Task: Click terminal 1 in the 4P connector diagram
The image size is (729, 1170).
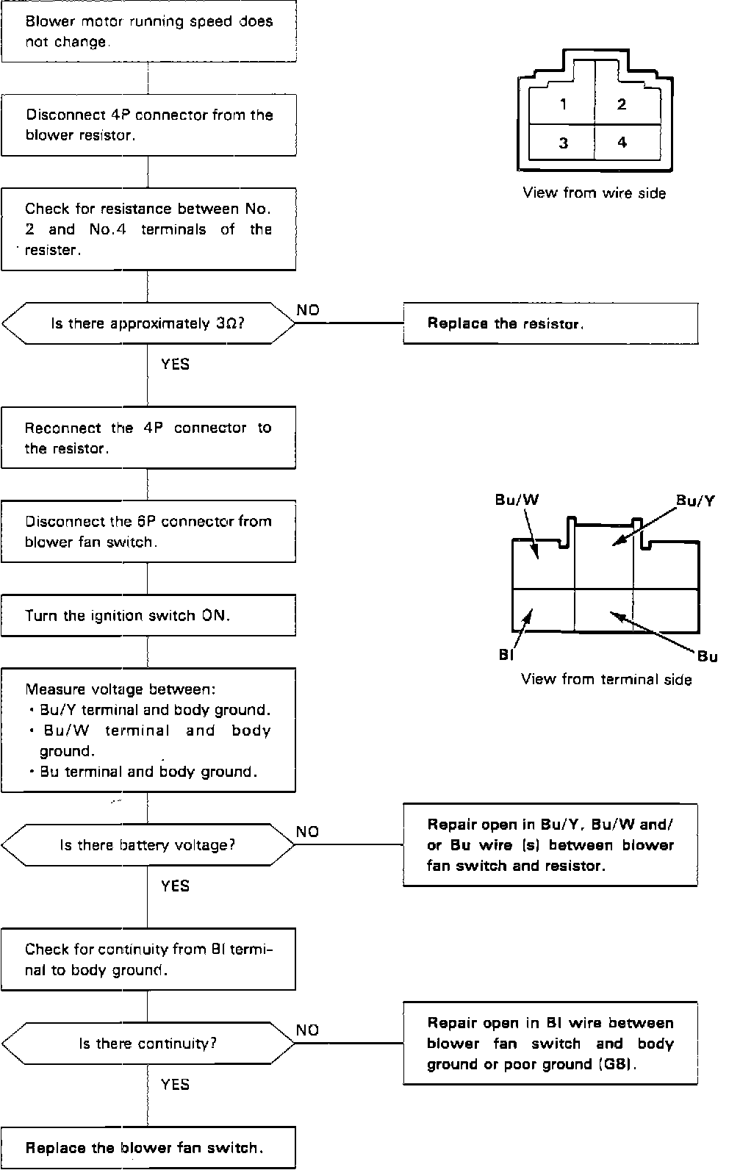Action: (x=563, y=104)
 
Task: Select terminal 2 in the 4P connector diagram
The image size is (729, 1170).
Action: (x=622, y=104)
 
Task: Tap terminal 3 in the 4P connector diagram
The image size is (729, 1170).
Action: (x=563, y=143)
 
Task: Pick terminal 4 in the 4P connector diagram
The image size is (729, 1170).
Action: (x=622, y=143)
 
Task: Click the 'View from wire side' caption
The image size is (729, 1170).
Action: (x=594, y=193)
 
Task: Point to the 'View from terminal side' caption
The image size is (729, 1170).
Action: (x=606, y=679)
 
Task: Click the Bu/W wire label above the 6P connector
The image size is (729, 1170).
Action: (x=517, y=500)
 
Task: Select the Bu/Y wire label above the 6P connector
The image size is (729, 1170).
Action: (x=695, y=501)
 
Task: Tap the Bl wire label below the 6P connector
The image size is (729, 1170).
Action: (x=506, y=655)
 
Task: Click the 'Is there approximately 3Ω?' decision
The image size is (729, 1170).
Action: (x=148, y=323)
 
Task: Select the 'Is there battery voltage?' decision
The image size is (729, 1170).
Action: (x=148, y=845)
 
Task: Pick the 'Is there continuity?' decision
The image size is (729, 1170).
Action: (x=148, y=1044)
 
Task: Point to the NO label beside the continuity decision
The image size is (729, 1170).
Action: (x=308, y=1030)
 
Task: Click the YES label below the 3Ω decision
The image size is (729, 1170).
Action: (x=175, y=364)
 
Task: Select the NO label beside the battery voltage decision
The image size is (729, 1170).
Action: (x=308, y=832)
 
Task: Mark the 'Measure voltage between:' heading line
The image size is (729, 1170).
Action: (x=121, y=689)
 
